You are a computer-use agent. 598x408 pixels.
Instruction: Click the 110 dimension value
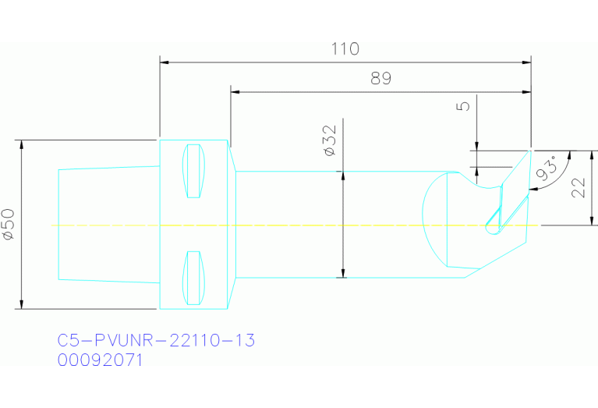345,48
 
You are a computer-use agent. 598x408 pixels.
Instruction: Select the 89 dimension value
380,79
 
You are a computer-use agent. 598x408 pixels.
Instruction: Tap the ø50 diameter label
9,224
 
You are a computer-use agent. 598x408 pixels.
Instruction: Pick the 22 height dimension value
578,187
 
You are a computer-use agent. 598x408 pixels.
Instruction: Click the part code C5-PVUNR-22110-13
156,341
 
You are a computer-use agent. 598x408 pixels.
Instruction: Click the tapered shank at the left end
108,223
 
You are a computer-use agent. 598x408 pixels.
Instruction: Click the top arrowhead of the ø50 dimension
22,145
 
